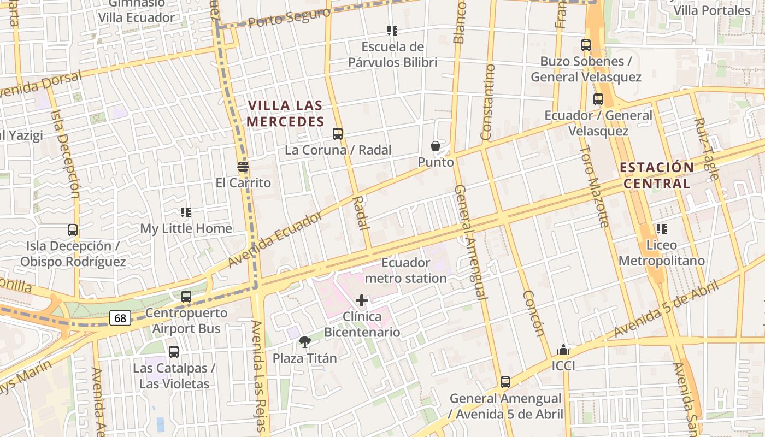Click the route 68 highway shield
pyautogui.click(x=120, y=318)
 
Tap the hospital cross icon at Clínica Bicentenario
pyautogui.click(x=362, y=300)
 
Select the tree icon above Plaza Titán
pyautogui.click(x=305, y=342)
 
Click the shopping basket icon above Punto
pyautogui.click(x=436, y=146)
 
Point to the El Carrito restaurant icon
pyautogui.click(x=243, y=167)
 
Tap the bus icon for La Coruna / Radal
pyautogui.click(x=338, y=133)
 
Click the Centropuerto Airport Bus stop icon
pyautogui.click(x=186, y=297)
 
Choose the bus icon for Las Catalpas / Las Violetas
pyautogui.click(x=174, y=352)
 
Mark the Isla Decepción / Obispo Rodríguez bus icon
pyautogui.click(x=73, y=230)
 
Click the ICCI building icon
pyautogui.click(x=563, y=350)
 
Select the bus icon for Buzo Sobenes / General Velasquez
pyautogui.click(x=586, y=45)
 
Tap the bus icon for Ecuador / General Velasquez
pyautogui.click(x=598, y=99)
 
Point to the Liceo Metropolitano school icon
pyautogui.click(x=661, y=229)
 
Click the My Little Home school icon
pyautogui.click(x=186, y=212)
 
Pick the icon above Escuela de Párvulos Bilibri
pyautogui.click(x=392, y=31)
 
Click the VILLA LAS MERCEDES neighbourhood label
pyautogui.click(x=285, y=113)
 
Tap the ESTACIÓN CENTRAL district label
pyautogui.click(x=657, y=175)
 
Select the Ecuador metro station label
pyautogui.click(x=405, y=270)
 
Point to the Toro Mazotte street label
pyautogui.click(x=594, y=186)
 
